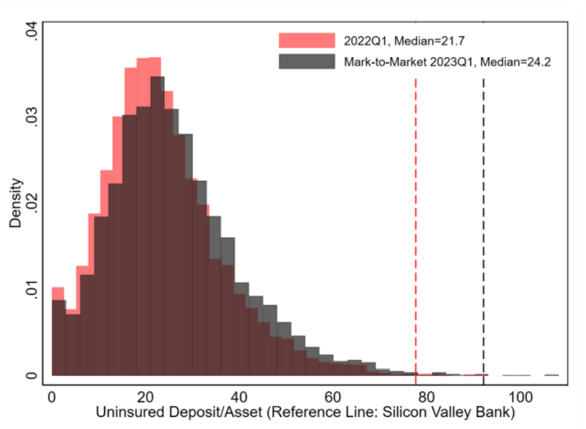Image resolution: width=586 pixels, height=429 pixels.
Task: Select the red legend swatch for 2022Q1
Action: click(307, 41)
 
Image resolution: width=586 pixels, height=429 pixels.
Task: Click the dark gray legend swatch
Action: click(307, 62)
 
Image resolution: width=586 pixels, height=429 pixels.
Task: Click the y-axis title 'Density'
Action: click(16, 203)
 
